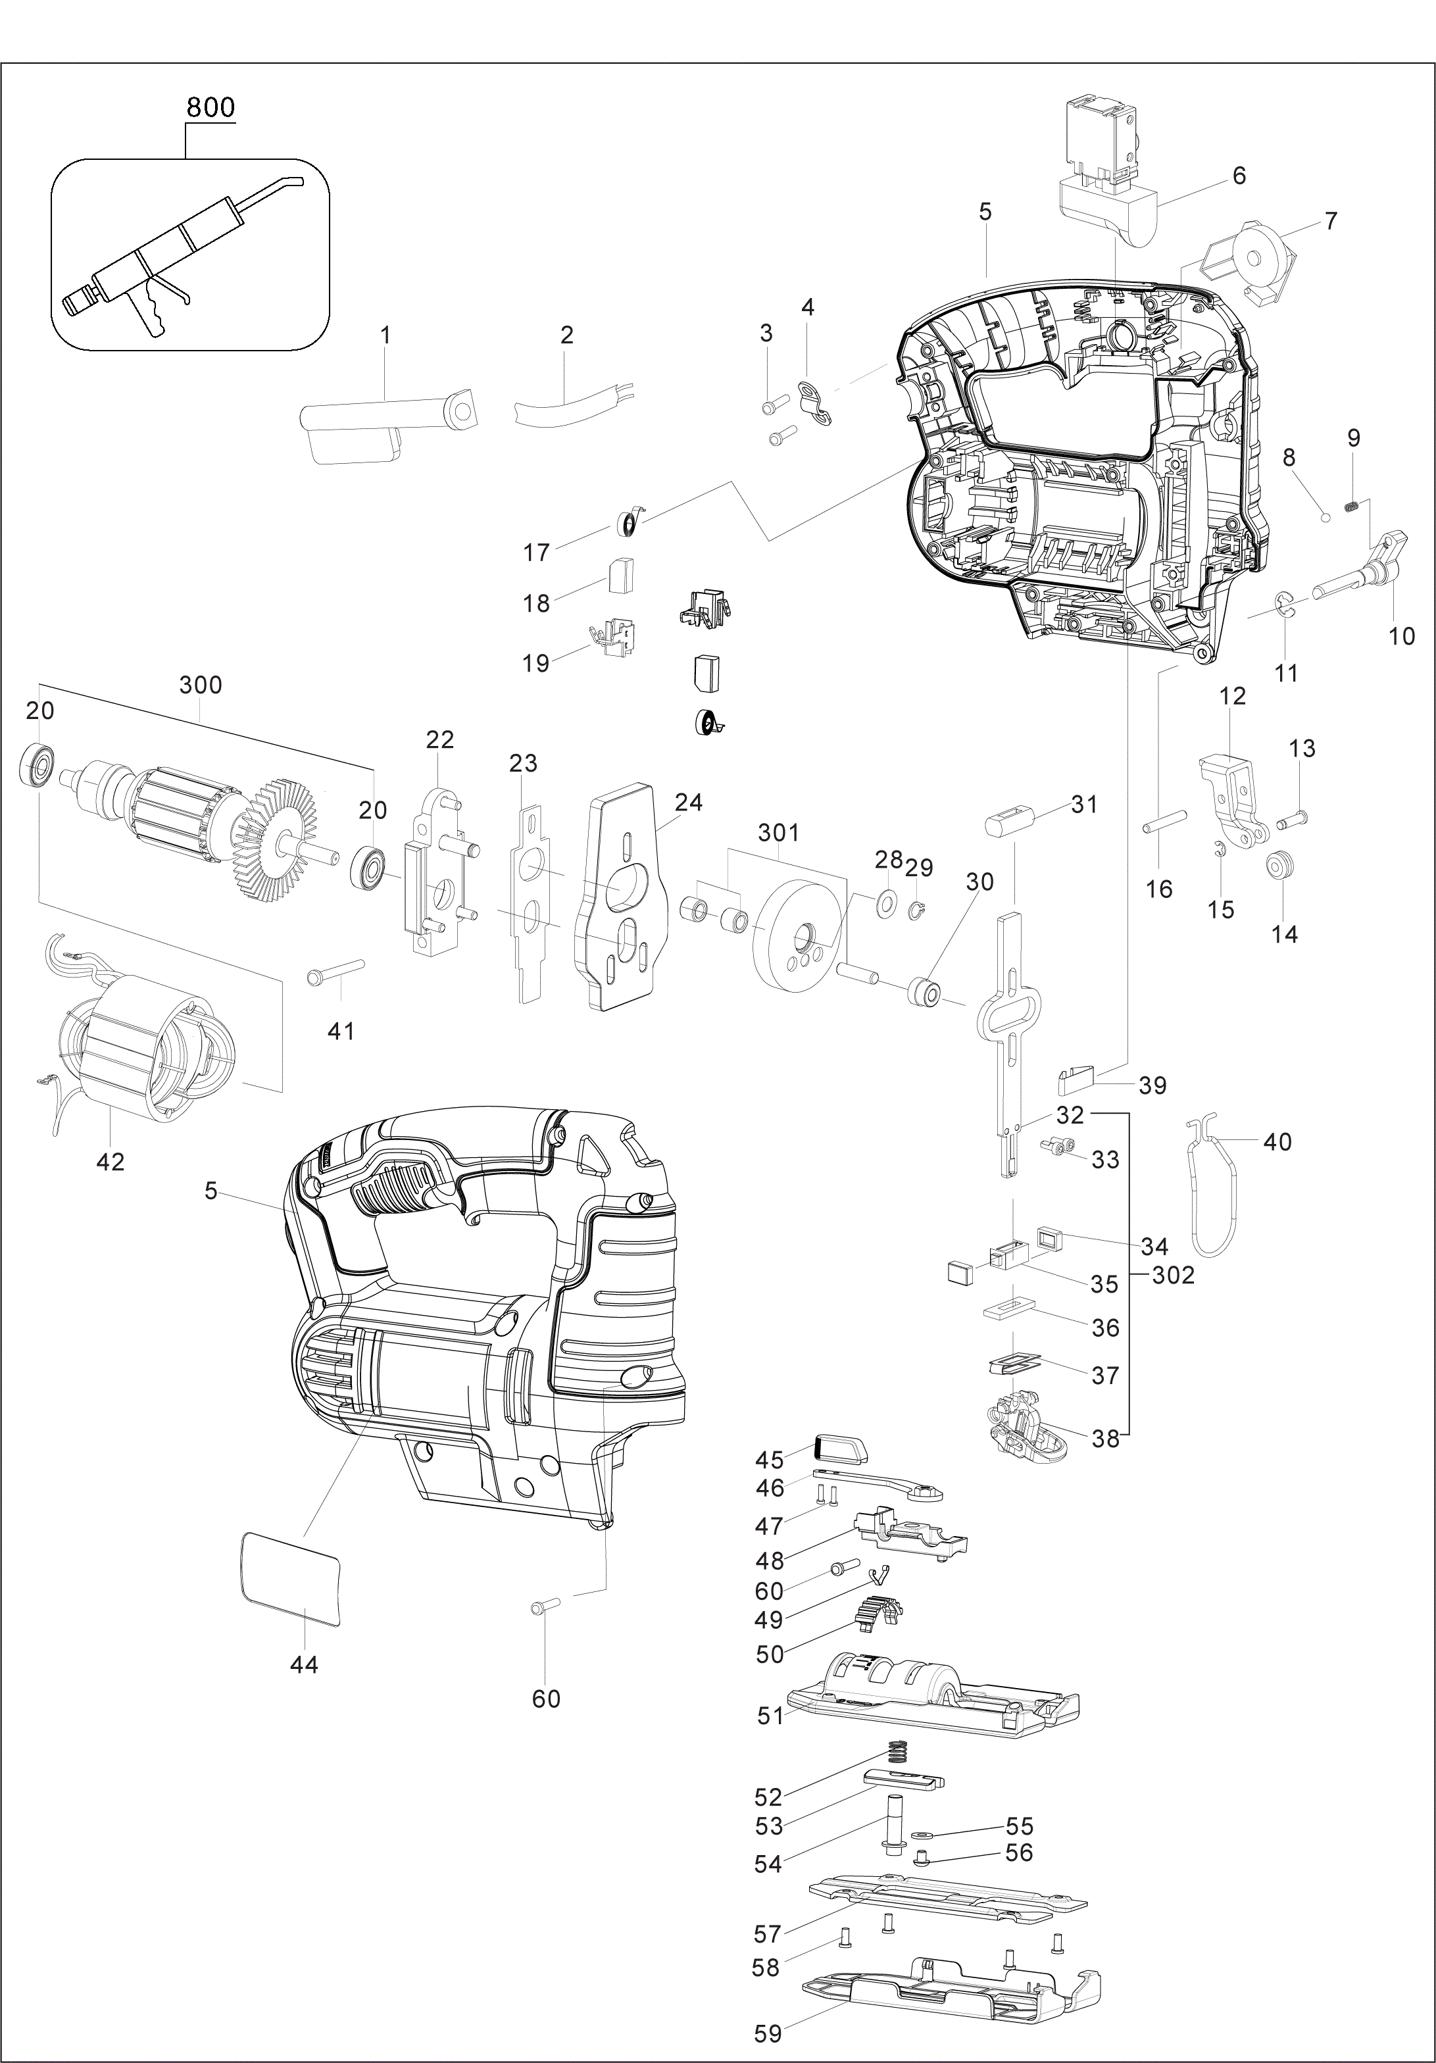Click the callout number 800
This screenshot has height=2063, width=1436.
[210, 107]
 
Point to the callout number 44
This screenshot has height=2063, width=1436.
[304, 1664]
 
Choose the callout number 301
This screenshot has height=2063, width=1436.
[778, 833]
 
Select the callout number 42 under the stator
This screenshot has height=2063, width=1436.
[110, 1161]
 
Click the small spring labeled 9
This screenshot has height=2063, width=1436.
[1350, 508]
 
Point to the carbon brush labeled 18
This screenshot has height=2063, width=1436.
[621, 575]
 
